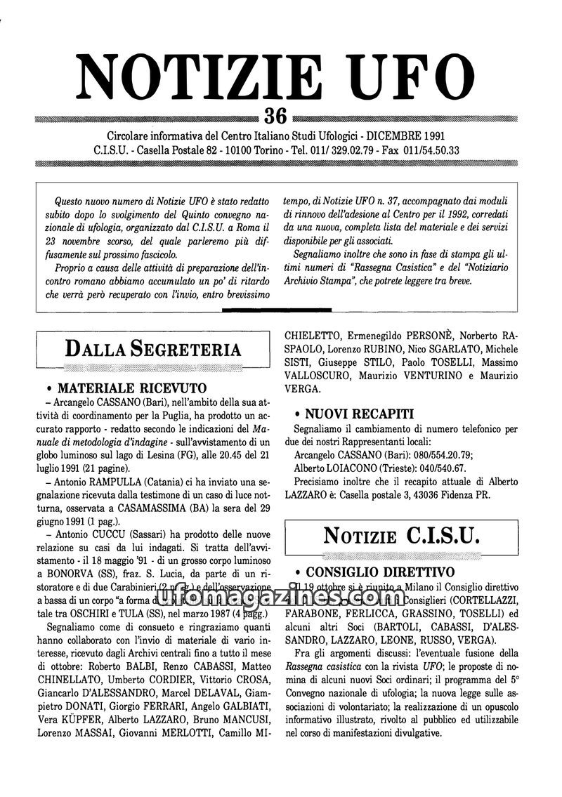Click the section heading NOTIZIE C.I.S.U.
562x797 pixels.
(402, 536)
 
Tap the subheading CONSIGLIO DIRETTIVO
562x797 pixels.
(380, 572)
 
